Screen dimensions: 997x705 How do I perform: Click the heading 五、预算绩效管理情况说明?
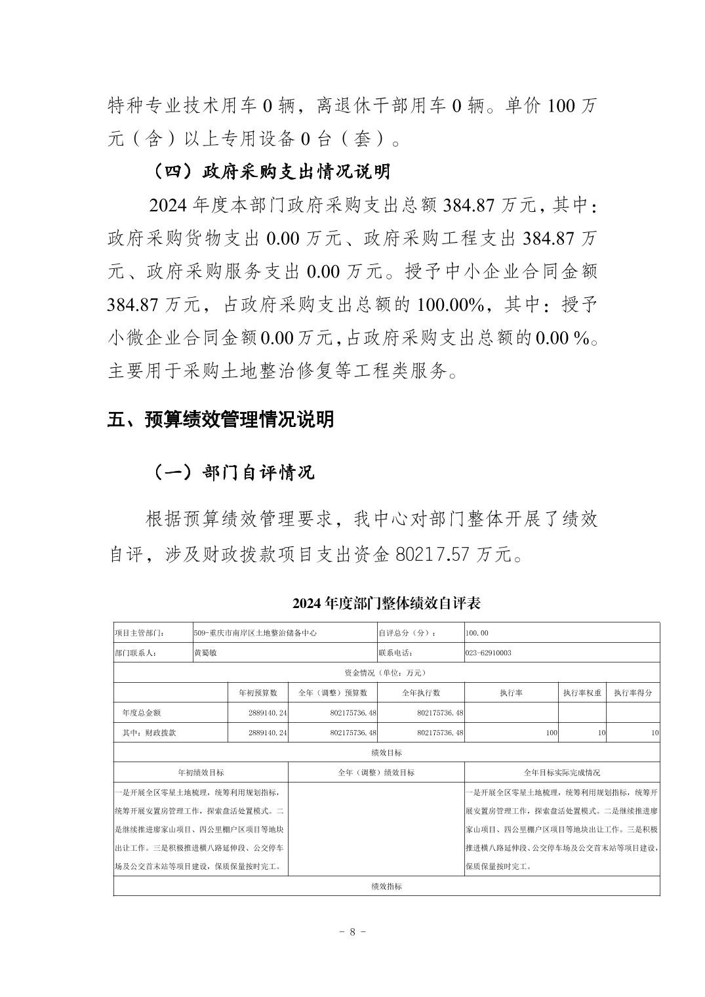pyautogui.click(x=220, y=420)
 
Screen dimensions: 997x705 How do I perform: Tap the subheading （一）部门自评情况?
pyautogui.click(x=233, y=472)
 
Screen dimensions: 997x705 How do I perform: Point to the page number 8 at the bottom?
pyautogui.click(x=353, y=931)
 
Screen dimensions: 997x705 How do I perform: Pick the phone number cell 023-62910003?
pyautogui.click(x=488, y=653)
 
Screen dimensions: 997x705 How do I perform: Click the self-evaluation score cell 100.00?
pyautogui.click(x=477, y=634)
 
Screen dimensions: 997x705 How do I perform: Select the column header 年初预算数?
pyautogui.click(x=258, y=693)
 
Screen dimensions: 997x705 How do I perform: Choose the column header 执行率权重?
pyautogui.click(x=582, y=693)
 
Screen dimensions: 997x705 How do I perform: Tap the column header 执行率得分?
pyautogui.click(x=633, y=693)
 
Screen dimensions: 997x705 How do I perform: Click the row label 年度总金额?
pyautogui.click(x=142, y=713)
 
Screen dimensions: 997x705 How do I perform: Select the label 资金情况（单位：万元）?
pyautogui.click(x=386, y=673)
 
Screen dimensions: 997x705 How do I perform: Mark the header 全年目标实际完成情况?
pyautogui.click(x=561, y=773)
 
